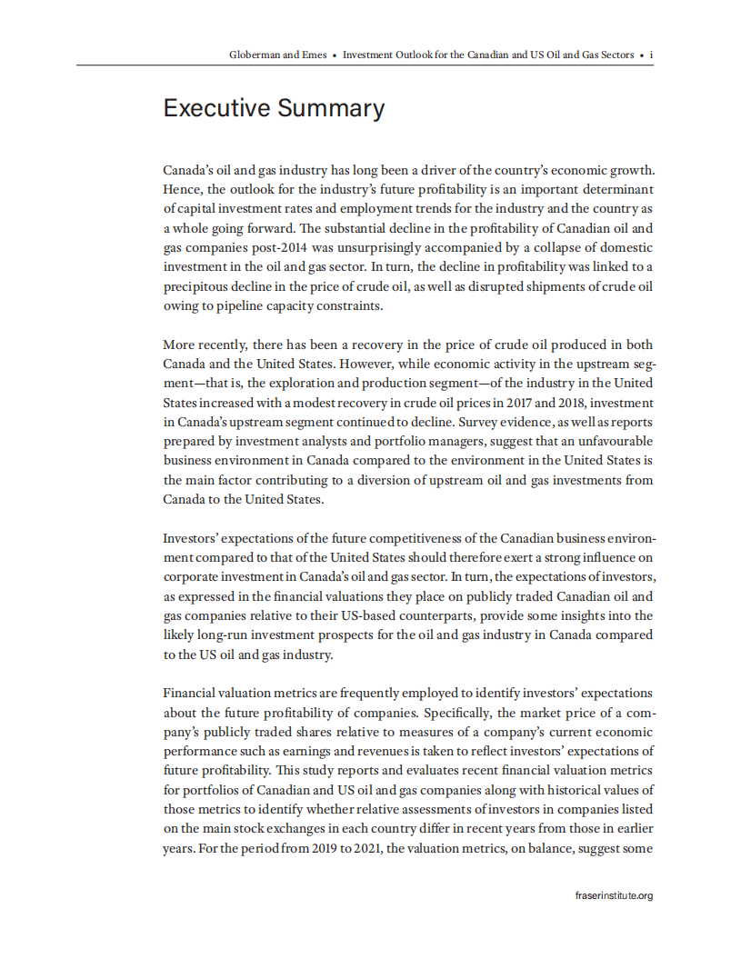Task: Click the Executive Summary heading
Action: (x=274, y=108)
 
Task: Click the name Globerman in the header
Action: (x=255, y=55)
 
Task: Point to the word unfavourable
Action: (x=601, y=441)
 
